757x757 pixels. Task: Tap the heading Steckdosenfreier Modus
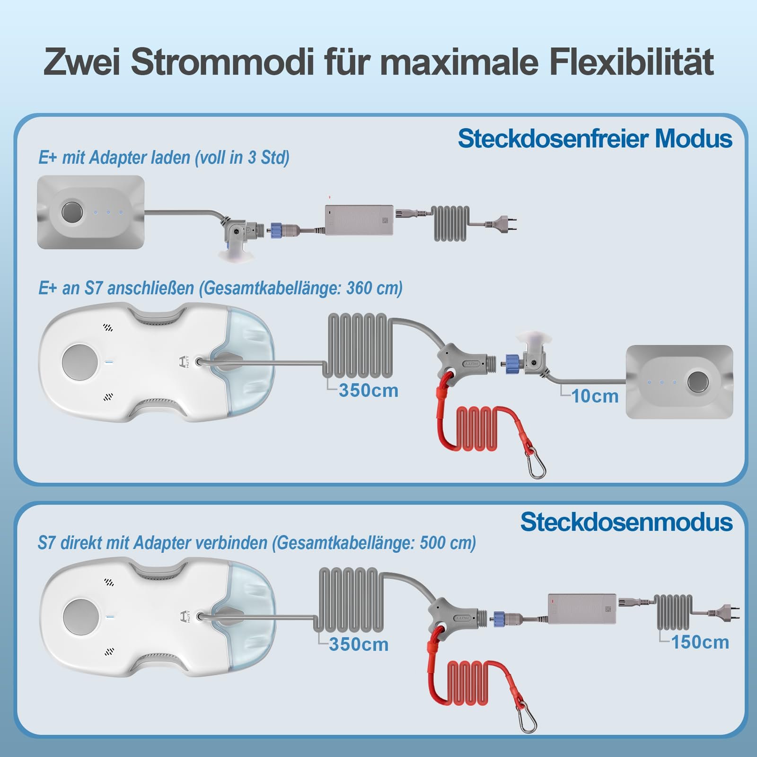tap(595, 139)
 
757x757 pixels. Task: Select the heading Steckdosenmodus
tap(626, 522)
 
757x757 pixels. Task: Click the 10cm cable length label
tap(595, 396)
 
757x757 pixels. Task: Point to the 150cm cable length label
tap(700, 642)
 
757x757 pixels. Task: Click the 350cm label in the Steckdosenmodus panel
tap(359, 644)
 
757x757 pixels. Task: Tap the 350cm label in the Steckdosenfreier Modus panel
tap(369, 390)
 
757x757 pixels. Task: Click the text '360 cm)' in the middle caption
tap(374, 288)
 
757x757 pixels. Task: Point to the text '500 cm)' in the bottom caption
tap(448, 543)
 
